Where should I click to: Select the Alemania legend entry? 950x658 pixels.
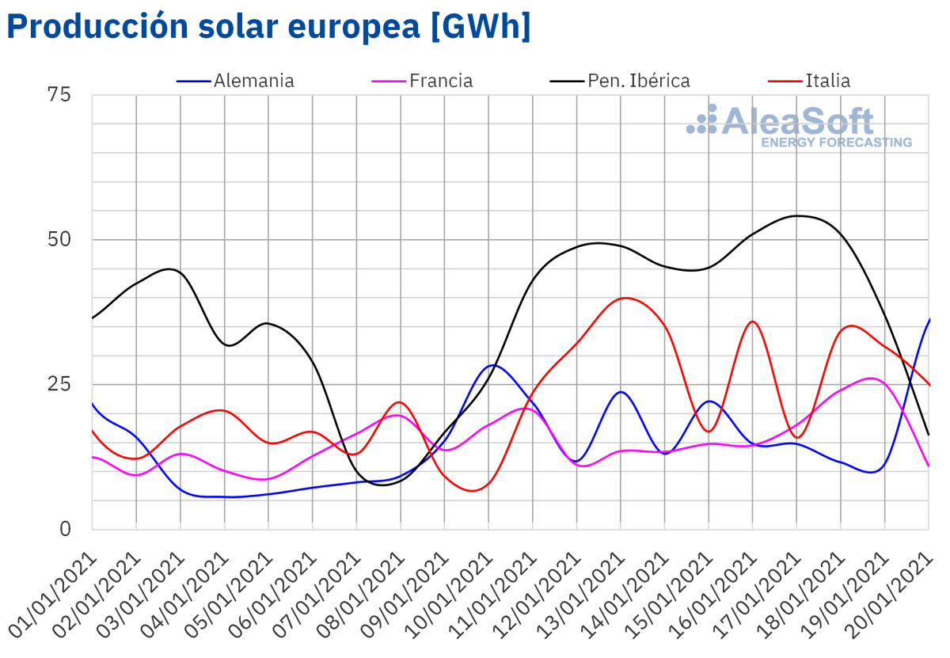click(253, 81)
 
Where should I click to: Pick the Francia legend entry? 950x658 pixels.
click(441, 81)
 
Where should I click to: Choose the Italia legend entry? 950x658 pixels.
click(827, 81)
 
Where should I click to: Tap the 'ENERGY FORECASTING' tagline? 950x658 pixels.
click(836, 143)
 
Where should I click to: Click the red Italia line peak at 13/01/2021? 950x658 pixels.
click(625, 298)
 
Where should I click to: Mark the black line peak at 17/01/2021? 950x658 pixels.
click(798, 215)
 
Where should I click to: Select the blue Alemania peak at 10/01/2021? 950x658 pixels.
click(493, 365)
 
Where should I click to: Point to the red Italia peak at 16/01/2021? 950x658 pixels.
click(752, 321)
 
